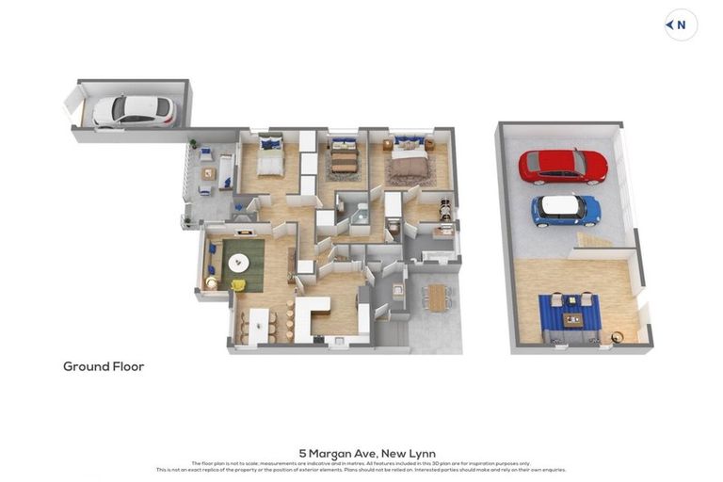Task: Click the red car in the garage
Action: (x=563, y=166)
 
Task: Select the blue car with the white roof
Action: (x=566, y=209)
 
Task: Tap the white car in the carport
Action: (x=135, y=111)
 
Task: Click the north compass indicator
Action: (x=681, y=25)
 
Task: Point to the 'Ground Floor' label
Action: (x=104, y=366)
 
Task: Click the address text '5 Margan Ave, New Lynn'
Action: (x=367, y=453)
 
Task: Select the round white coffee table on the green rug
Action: (x=239, y=263)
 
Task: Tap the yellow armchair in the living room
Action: (x=239, y=284)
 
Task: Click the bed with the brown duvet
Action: (x=409, y=165)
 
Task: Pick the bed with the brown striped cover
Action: (x=344, y=161)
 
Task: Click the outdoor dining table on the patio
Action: (x=437, y=297)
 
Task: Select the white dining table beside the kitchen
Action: (x=258, y=325)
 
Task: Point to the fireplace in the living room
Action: (x=244, y=232)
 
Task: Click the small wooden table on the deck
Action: (x=209, y=173)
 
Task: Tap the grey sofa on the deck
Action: (x=226, y=171)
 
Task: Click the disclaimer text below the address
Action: (x=361, y=466)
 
